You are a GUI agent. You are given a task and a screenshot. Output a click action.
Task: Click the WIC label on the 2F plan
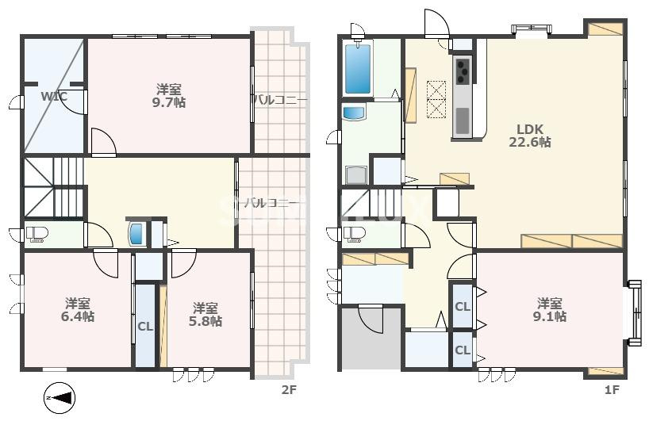54,97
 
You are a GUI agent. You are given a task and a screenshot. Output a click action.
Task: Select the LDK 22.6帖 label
529,136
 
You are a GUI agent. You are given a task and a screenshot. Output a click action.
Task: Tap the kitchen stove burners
461,71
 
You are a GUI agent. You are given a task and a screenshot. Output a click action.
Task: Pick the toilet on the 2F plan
36,234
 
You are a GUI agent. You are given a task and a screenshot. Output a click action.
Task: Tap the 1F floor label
611,390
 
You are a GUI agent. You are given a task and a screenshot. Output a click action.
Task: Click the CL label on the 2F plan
145,326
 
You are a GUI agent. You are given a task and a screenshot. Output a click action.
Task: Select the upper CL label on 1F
462,307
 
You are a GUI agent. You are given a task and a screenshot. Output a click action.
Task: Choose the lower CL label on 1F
462,350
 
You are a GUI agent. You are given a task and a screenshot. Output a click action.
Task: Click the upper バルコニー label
280,100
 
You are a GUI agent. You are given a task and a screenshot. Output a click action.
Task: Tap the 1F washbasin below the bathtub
354,113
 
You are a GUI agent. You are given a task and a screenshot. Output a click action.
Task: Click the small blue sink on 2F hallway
136,234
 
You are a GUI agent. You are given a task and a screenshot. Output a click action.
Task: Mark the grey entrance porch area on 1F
370,339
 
